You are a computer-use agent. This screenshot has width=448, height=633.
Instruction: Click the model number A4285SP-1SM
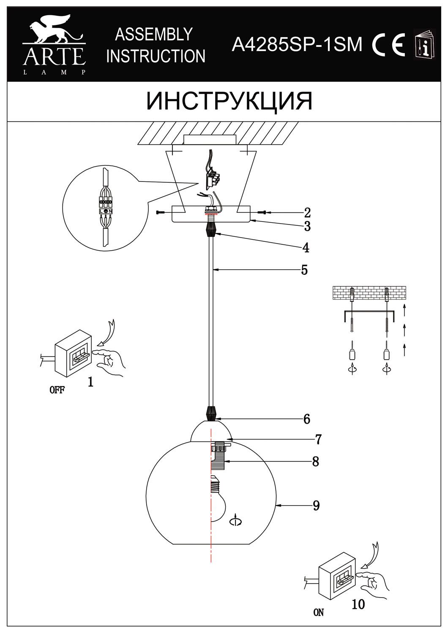pyautogui.click(x=297, y=44)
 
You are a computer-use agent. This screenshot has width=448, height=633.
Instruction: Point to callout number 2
pyautogui.click(x=307, y=212)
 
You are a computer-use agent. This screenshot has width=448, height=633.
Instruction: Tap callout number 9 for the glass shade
pyautogui.click(x=317, y=505)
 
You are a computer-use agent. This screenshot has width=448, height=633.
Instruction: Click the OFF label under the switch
pyautogui.click(x=57, y=390)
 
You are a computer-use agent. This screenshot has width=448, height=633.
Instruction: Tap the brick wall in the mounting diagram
pyautogui.click(x=369, y=292)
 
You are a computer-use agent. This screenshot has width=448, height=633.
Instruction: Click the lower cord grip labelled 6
pyautogui.click(x=211, y=413)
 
